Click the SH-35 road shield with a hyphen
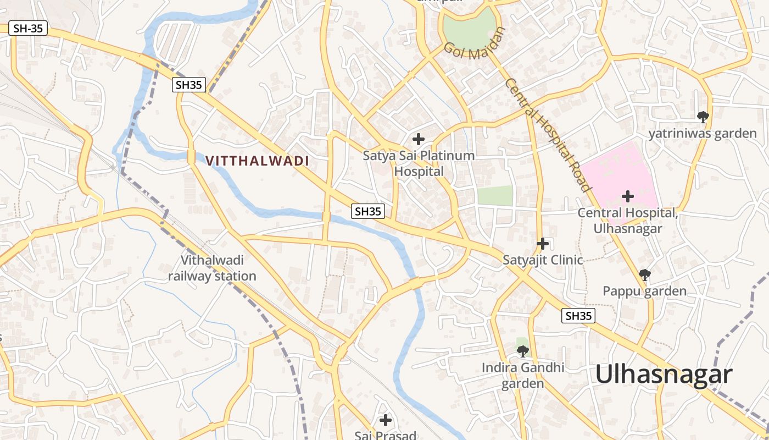tap(27, 29)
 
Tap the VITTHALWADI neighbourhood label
tap(257, 161)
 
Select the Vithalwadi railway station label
tap(212, 268)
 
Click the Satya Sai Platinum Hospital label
tap(419, 163)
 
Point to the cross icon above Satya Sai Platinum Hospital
tap(419, 139)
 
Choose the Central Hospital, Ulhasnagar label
tap(628, 221)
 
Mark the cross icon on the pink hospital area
tap(628, 196)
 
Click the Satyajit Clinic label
tap(543, 260)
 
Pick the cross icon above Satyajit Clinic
tap(543, 243)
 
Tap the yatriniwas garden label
tap(703, 134)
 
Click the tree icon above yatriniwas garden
tap(703, 117)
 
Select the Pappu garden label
tap(645, 291)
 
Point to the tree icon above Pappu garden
tap(645, 274)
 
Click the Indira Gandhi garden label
tap(523, 375)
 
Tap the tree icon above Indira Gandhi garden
tap(522, 350)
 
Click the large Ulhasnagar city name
tap(664, 375)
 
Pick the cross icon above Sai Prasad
tap(386, 421)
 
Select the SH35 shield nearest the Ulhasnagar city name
tap(578, 316)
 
